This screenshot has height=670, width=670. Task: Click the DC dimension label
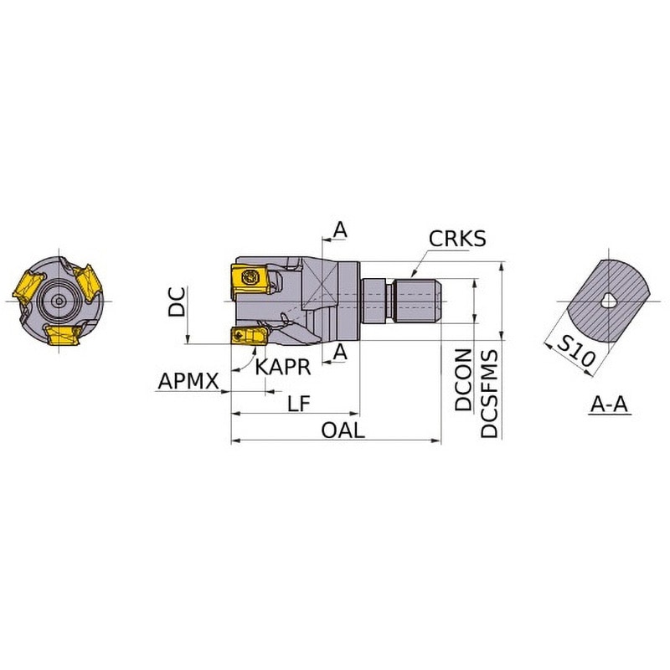[x=177, y=301]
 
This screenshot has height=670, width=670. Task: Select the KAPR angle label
[x=283, y=367]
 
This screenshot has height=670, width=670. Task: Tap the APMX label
[x=188, y=381]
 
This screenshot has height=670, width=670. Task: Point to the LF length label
[x=299, y=403]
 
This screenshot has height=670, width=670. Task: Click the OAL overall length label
[x=343, y=430]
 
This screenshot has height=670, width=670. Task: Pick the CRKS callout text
[x=457, y=239]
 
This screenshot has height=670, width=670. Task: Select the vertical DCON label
[x=464, y=380]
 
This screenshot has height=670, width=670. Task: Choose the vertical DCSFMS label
[x=490, y=394]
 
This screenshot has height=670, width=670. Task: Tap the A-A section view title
[x=610, y=405]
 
